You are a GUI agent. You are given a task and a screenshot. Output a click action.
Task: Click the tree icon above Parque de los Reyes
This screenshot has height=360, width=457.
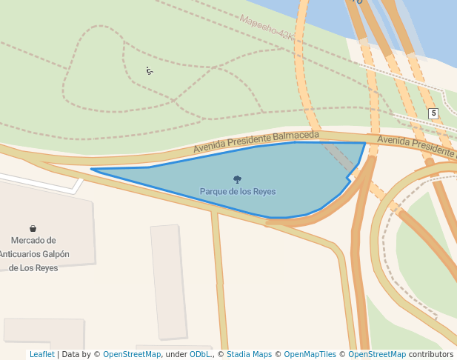pos(237,179)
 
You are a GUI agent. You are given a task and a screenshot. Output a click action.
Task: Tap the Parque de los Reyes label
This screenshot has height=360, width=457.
pos(237,191)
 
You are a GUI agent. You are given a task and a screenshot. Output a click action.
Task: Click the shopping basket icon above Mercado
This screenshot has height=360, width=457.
pos(33,228)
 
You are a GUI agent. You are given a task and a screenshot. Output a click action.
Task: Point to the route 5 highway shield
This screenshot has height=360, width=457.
pos(433,113)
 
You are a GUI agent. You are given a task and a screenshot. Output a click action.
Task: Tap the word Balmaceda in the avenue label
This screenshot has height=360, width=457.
pos(296,136)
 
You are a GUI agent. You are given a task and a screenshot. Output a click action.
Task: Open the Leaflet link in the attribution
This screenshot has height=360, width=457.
pos(41,354)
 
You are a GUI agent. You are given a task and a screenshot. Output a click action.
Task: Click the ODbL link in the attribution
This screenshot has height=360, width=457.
pos(200,354)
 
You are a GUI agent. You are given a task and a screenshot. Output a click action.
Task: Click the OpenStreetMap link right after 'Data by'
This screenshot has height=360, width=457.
pos(132,354)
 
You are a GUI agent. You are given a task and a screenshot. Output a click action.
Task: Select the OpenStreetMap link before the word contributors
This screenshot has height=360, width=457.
pos(377,354)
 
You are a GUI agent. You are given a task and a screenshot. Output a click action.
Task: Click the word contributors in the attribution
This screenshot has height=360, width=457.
pos(431,354)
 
